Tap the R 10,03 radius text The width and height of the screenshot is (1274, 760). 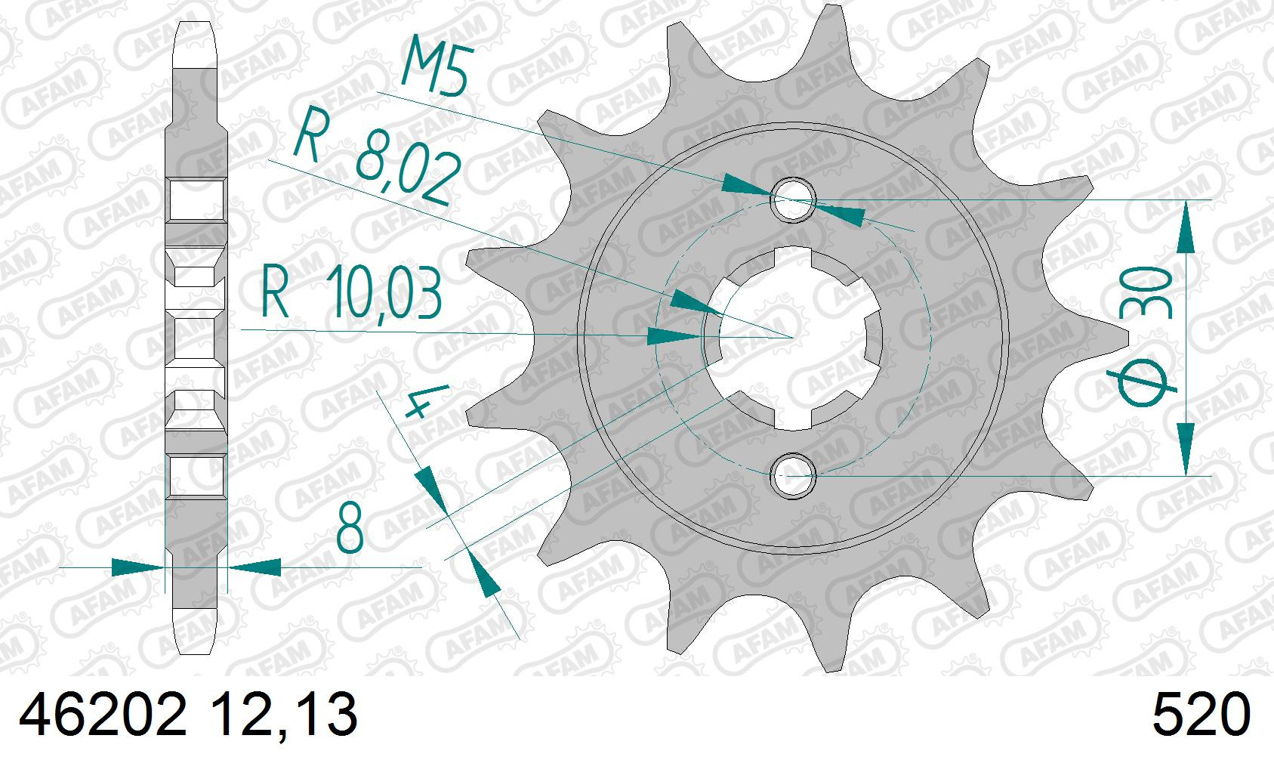(x=351, y=291)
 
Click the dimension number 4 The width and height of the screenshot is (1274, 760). (x=426, y=401)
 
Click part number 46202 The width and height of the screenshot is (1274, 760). (x=103, y=715)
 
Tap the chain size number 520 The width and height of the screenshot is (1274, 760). (x=1202, y=715)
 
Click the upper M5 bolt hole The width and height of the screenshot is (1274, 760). (x=794, y=199)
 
